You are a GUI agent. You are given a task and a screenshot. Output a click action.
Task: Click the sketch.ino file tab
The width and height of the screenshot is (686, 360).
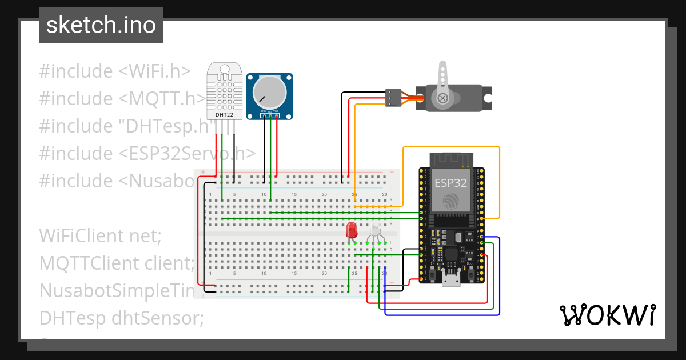click(101, 25)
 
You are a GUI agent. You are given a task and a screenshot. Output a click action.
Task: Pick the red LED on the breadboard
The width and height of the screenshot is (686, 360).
click(352, 231)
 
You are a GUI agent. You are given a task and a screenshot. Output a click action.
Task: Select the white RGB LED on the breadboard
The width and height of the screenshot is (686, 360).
click(375, 230)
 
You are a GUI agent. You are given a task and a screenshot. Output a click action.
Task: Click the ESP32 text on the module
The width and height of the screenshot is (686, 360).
click(450, 183)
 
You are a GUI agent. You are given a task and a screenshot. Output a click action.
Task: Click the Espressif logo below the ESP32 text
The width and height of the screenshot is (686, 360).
click(450, 201)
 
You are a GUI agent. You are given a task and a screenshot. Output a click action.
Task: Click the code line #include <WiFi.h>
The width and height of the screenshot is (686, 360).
click(114, 71)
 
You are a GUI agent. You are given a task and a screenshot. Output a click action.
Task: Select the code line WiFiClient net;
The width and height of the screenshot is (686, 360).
click(101, 235)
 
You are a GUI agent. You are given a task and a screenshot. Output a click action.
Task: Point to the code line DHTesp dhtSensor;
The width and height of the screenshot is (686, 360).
click(121, 318)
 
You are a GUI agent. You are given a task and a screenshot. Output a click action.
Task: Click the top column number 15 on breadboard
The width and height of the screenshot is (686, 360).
click(294, 195)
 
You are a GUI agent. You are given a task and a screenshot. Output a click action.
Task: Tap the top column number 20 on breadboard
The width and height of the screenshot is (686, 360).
click(324, 195)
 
